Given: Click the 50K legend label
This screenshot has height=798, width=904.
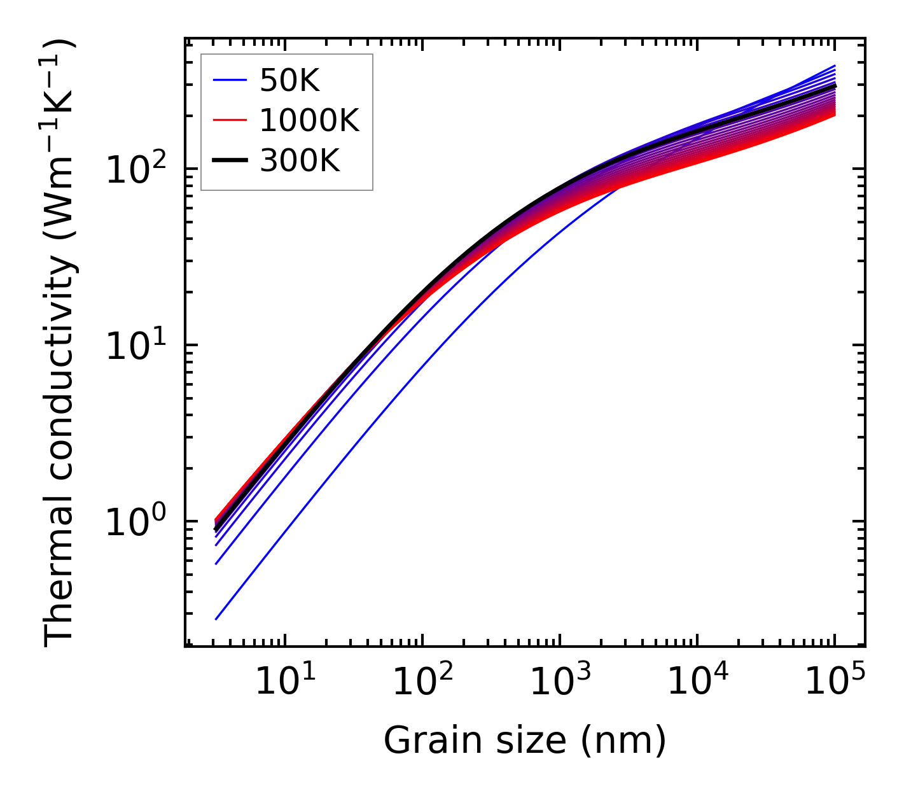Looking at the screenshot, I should (289, 81).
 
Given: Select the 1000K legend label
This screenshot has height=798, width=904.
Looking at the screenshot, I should (309, 120).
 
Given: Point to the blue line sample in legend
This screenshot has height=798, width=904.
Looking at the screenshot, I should (230, 80).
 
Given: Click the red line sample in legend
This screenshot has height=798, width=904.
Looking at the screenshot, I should (230, 120).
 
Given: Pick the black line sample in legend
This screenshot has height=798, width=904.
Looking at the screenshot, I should (230, 160).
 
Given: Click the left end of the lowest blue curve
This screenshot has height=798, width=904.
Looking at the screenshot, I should (216, 619).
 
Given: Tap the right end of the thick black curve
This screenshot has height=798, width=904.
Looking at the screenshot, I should (835, 85).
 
